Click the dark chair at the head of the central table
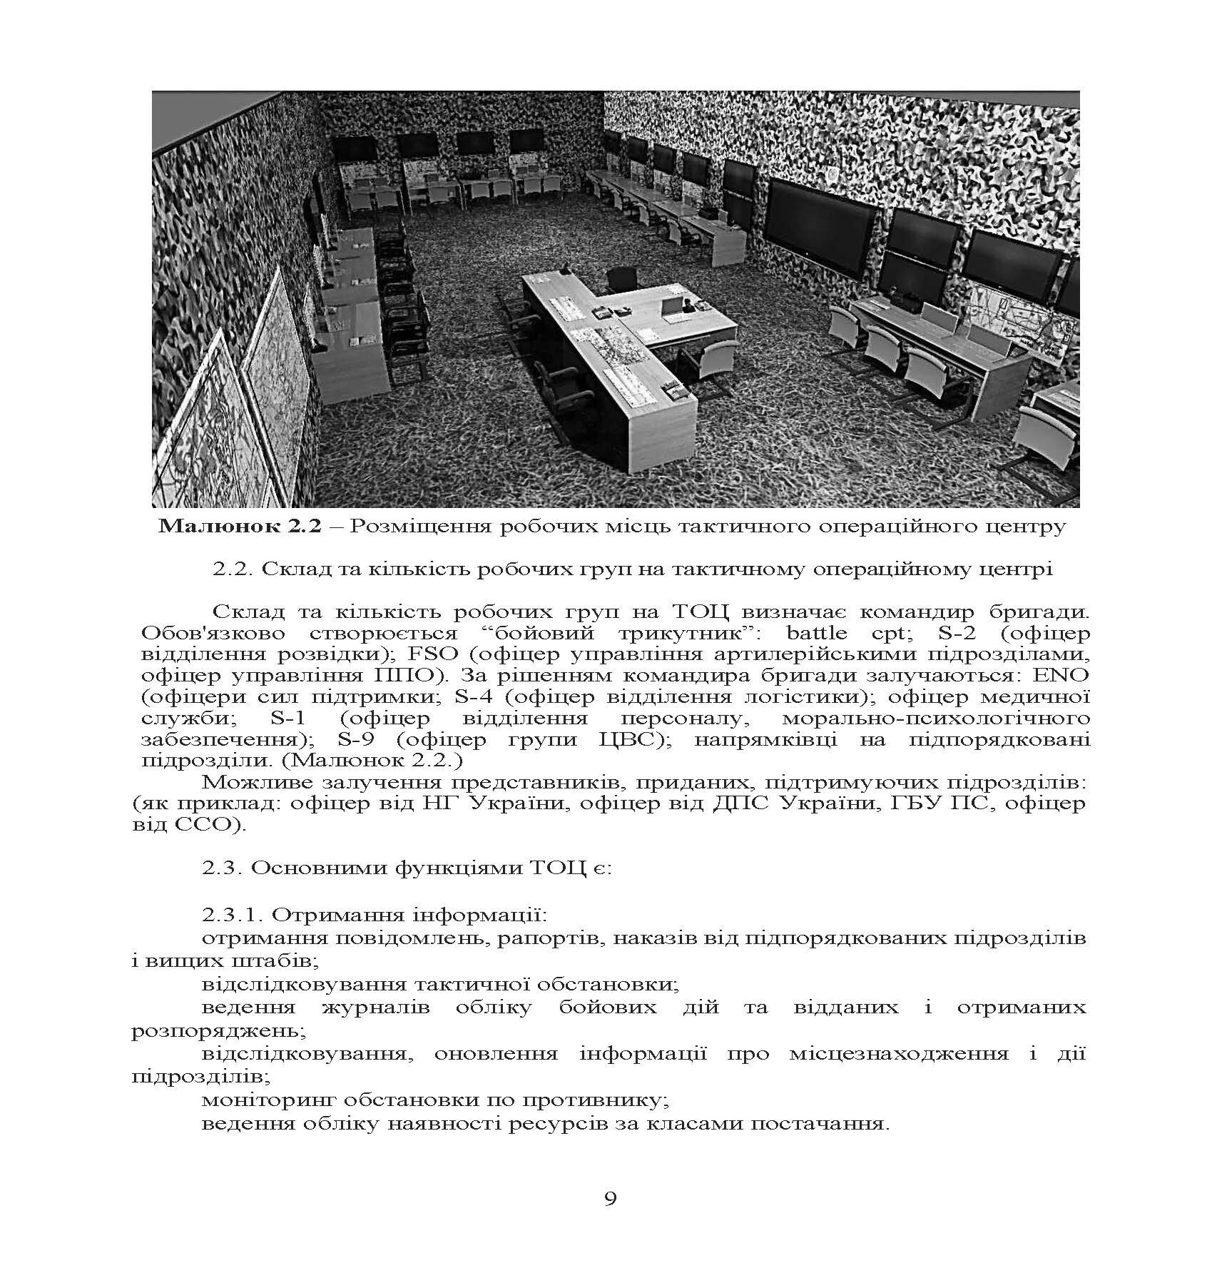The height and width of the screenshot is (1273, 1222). (x=621, y=279)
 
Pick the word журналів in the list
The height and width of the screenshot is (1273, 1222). (x=375, y=1008)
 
